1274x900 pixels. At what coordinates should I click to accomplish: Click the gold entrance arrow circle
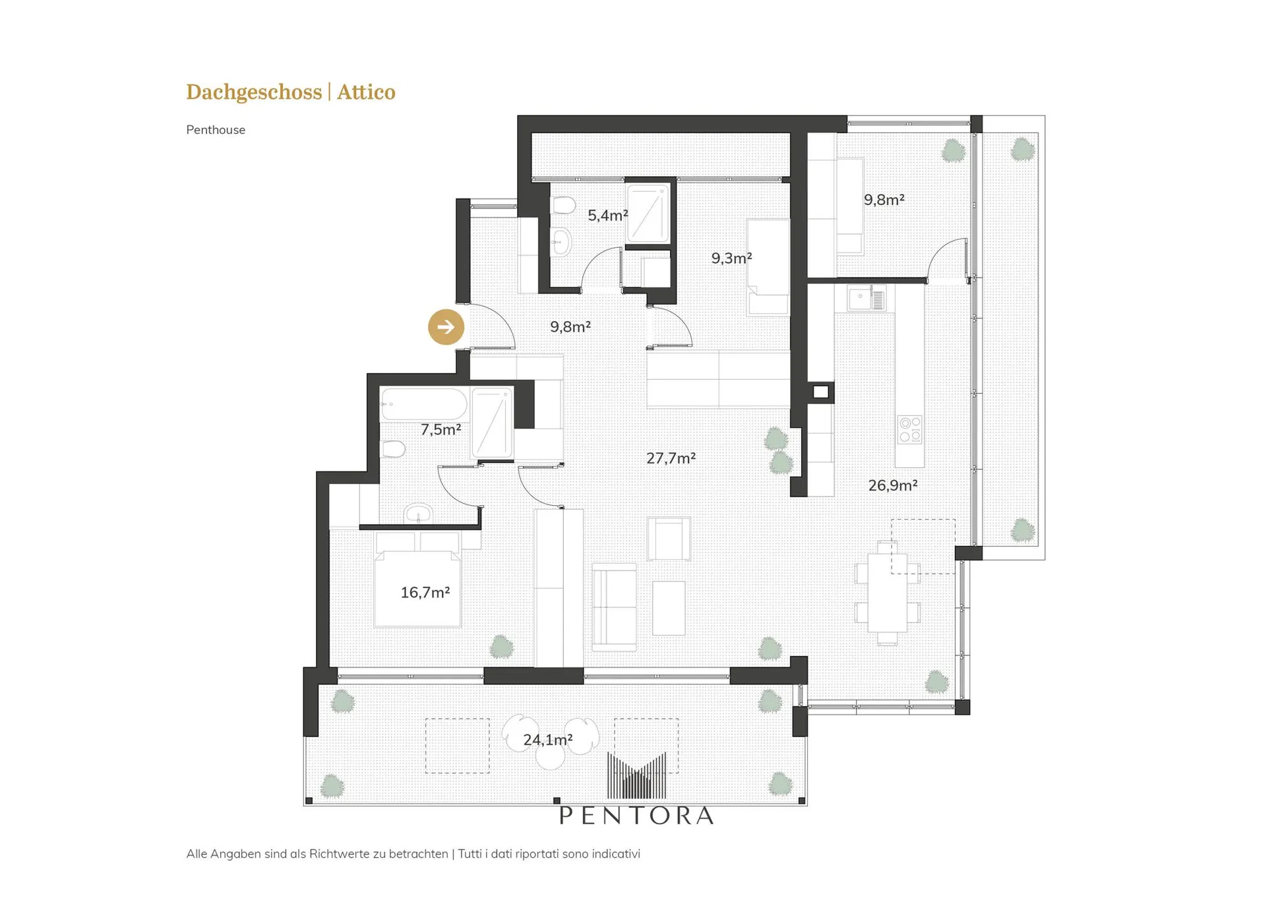click(x=446, y=327)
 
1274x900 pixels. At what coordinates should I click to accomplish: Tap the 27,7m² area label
click(x=671, y=458)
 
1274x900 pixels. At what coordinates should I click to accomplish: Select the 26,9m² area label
click(x=893, y=485)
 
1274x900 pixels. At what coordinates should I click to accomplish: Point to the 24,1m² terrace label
click(x=547, y=740)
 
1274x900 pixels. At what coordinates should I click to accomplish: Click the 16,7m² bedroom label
click(x=425, y=592)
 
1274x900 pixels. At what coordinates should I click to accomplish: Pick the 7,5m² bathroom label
click(x=440, y=430)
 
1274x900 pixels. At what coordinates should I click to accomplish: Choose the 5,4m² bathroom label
click(x=607, y=215)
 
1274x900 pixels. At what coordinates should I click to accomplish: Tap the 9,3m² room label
click(x=731, y=258)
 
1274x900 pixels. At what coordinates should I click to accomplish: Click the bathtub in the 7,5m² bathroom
click(x=424, y=404)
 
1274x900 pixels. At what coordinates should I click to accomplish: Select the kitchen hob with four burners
click(x=910, y=429)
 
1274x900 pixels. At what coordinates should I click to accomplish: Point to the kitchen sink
click(x=866, y=299)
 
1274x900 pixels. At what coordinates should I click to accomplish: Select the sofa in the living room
click(x=614, y=607)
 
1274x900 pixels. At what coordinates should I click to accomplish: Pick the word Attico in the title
click(x=366, y=92)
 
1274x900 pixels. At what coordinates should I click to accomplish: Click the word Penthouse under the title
click(x=216, y=130)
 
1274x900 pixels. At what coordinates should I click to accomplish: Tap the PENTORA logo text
click(x=636, y=816)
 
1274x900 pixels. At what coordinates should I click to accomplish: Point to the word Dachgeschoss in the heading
click(x=254, y=92)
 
